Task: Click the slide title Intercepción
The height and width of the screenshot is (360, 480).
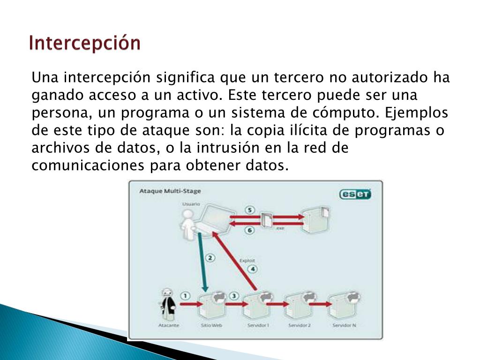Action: (84, 43)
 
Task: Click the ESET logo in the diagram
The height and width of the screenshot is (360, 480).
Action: (355, 194)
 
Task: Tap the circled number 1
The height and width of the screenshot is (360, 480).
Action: (186, 296)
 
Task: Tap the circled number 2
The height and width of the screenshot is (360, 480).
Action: (210, 257)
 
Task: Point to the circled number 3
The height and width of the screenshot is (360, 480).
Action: (234, 296)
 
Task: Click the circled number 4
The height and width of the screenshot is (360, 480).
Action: (253, 269)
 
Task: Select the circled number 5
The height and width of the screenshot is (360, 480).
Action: (250, 210)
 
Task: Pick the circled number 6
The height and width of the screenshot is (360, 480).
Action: (250, 230)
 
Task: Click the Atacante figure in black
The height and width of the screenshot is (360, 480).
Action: (167, 303)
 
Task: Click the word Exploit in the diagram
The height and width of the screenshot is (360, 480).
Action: (247, 261)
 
